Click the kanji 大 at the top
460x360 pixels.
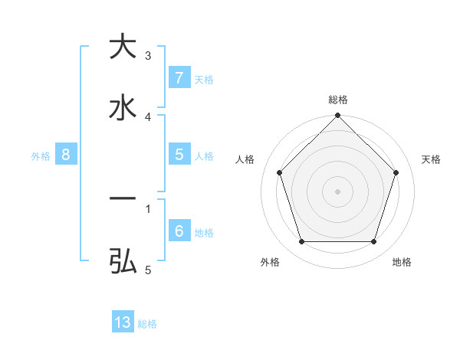pos(123,46)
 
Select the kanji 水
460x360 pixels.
pos(123,107)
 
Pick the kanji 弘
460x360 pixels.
pos(123,261)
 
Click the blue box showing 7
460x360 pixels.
pos(179,78)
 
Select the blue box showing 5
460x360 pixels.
pos(179,155)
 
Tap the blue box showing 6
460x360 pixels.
pos(179,231)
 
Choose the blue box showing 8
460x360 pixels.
pos(66,155)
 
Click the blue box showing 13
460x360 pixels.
pos(123,322)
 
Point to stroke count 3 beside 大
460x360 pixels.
pos(148,55)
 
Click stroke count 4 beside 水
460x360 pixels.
pos(148,116)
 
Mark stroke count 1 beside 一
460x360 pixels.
pos(148,208)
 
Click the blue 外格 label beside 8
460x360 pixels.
pos(41,155)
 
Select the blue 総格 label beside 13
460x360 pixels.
pos(147,324)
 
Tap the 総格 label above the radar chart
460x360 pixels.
pos(338,100)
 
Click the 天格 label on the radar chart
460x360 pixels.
pos(432,159)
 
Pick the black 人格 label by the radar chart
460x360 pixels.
pos(245,159)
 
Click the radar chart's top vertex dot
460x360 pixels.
pos(338,116)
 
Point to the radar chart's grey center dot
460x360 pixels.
pos(338,191)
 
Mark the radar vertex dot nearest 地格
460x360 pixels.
pos(374,241)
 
